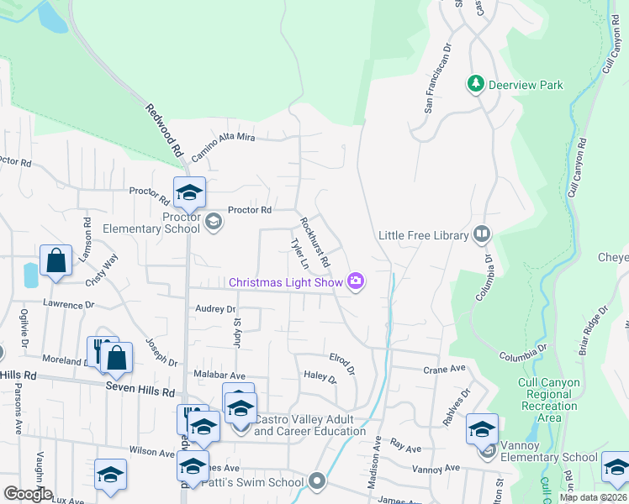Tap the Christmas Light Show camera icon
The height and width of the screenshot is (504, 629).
pos(356,281)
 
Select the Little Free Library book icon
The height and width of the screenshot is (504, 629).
pos(482,234)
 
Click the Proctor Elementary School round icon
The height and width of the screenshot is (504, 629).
pos(214,221)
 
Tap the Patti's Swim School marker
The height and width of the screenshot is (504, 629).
pos(316,481)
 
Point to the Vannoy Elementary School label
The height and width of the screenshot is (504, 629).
pos(549,457)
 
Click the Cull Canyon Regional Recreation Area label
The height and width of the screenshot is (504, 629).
pos(548,400)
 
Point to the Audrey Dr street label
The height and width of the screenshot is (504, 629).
pos(215,309)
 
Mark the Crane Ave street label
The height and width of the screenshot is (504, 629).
pos(444,369)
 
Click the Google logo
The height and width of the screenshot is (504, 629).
pos(28,494)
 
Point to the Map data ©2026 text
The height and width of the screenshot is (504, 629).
pos(593,497)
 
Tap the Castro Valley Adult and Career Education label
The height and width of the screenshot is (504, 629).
pos(310,425)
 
